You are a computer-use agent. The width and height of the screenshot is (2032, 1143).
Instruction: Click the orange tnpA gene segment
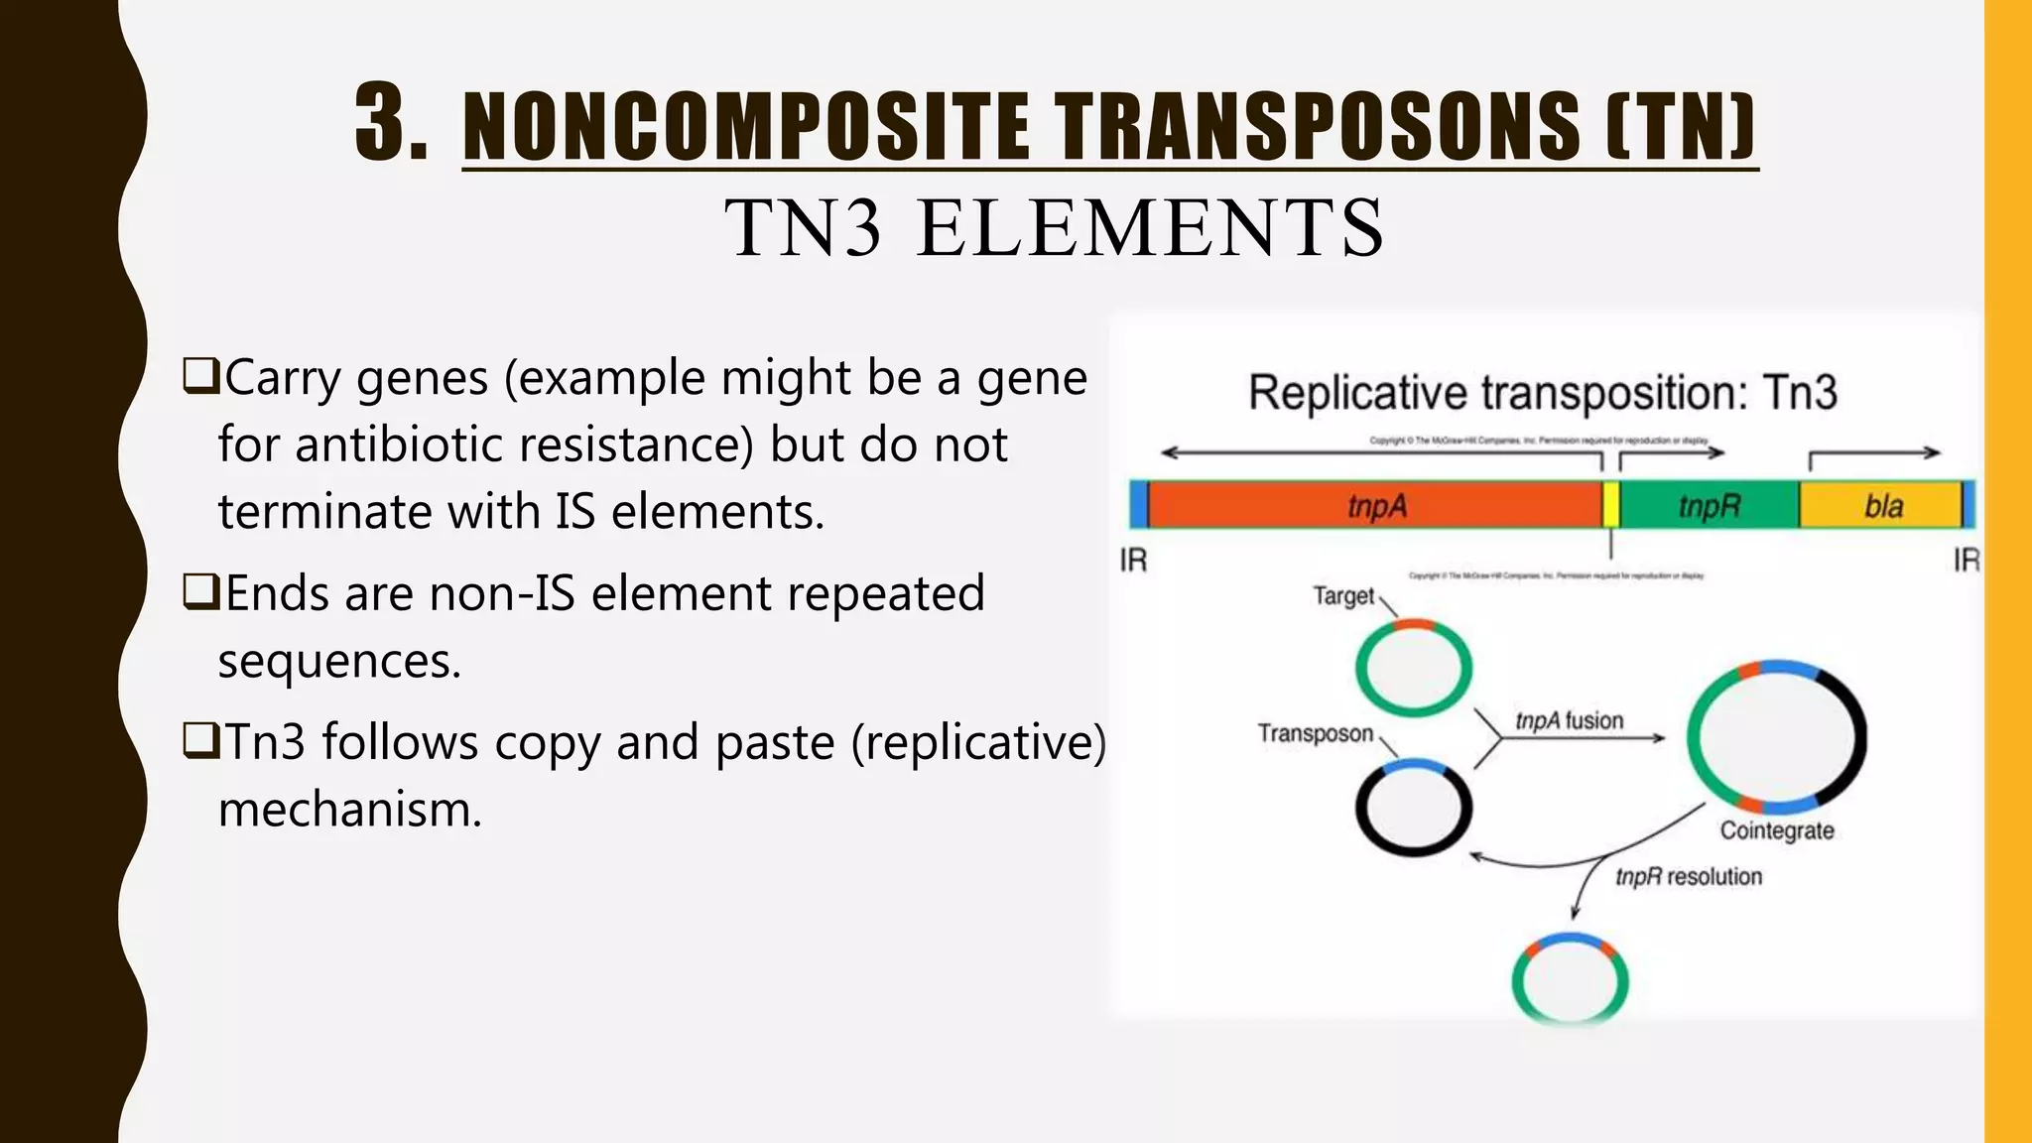(1375, 506)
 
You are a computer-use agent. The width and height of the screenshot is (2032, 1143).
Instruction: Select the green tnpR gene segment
(1709, 506)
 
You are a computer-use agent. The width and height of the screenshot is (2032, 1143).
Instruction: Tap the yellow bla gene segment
(1882, 506)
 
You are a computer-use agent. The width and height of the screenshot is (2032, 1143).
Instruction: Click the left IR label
(1133, 561)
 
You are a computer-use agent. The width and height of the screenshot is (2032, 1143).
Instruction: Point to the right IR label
(1966, 561)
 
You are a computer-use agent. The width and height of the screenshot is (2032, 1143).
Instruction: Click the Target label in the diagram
(1343, 596)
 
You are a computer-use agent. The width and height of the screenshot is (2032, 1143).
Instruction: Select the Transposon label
(1315, 733)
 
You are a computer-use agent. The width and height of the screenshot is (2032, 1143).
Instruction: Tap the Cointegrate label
(1776, 830)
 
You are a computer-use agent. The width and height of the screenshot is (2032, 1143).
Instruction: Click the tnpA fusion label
(1569, 720)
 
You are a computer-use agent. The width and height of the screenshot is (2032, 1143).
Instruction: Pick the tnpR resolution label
(1689, 877)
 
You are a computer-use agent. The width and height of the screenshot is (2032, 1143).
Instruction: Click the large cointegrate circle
(1777, 737)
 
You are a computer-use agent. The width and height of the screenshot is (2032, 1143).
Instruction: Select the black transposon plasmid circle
(1413, 808)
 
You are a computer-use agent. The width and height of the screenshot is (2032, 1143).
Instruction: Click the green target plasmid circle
(1413, 667)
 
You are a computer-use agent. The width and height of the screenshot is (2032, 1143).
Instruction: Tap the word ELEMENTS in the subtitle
(1150, 228)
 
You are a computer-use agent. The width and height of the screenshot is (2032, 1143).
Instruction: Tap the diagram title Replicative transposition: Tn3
(1542, 393)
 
